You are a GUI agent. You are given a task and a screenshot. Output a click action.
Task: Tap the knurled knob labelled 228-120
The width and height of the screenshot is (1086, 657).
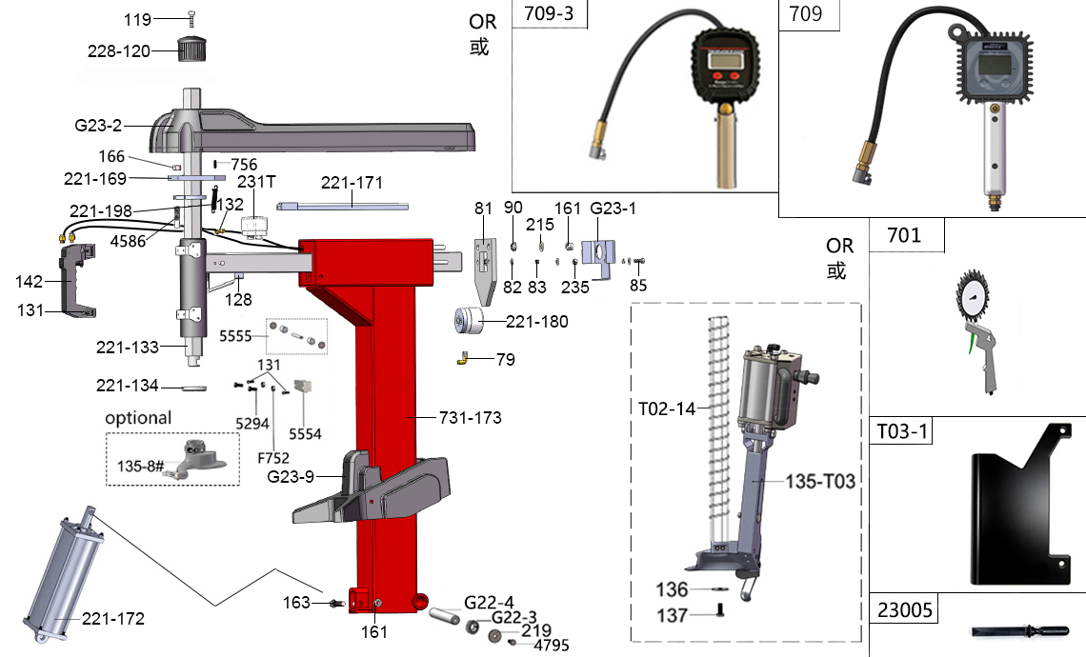click(193, 48)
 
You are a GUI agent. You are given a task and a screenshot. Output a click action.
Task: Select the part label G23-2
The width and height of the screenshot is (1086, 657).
click(100, 125)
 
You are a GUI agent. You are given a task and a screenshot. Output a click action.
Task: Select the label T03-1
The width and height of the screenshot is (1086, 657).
click(902, 431)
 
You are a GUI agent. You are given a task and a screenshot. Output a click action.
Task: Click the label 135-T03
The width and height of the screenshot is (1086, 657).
click(820, 482)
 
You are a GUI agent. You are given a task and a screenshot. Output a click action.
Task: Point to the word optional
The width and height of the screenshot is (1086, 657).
click(139, 418)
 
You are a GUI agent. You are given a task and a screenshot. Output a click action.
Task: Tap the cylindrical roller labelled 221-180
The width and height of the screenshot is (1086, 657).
click(472, 321)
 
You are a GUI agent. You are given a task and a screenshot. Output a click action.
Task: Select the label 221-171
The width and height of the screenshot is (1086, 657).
click(352, 182)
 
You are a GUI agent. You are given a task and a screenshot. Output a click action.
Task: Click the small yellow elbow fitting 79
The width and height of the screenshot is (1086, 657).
click(462, 358)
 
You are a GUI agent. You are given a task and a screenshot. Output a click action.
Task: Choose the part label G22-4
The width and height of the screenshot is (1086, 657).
click(490, 602)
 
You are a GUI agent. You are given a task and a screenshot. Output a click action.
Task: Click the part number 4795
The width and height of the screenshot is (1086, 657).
click(552, 645)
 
